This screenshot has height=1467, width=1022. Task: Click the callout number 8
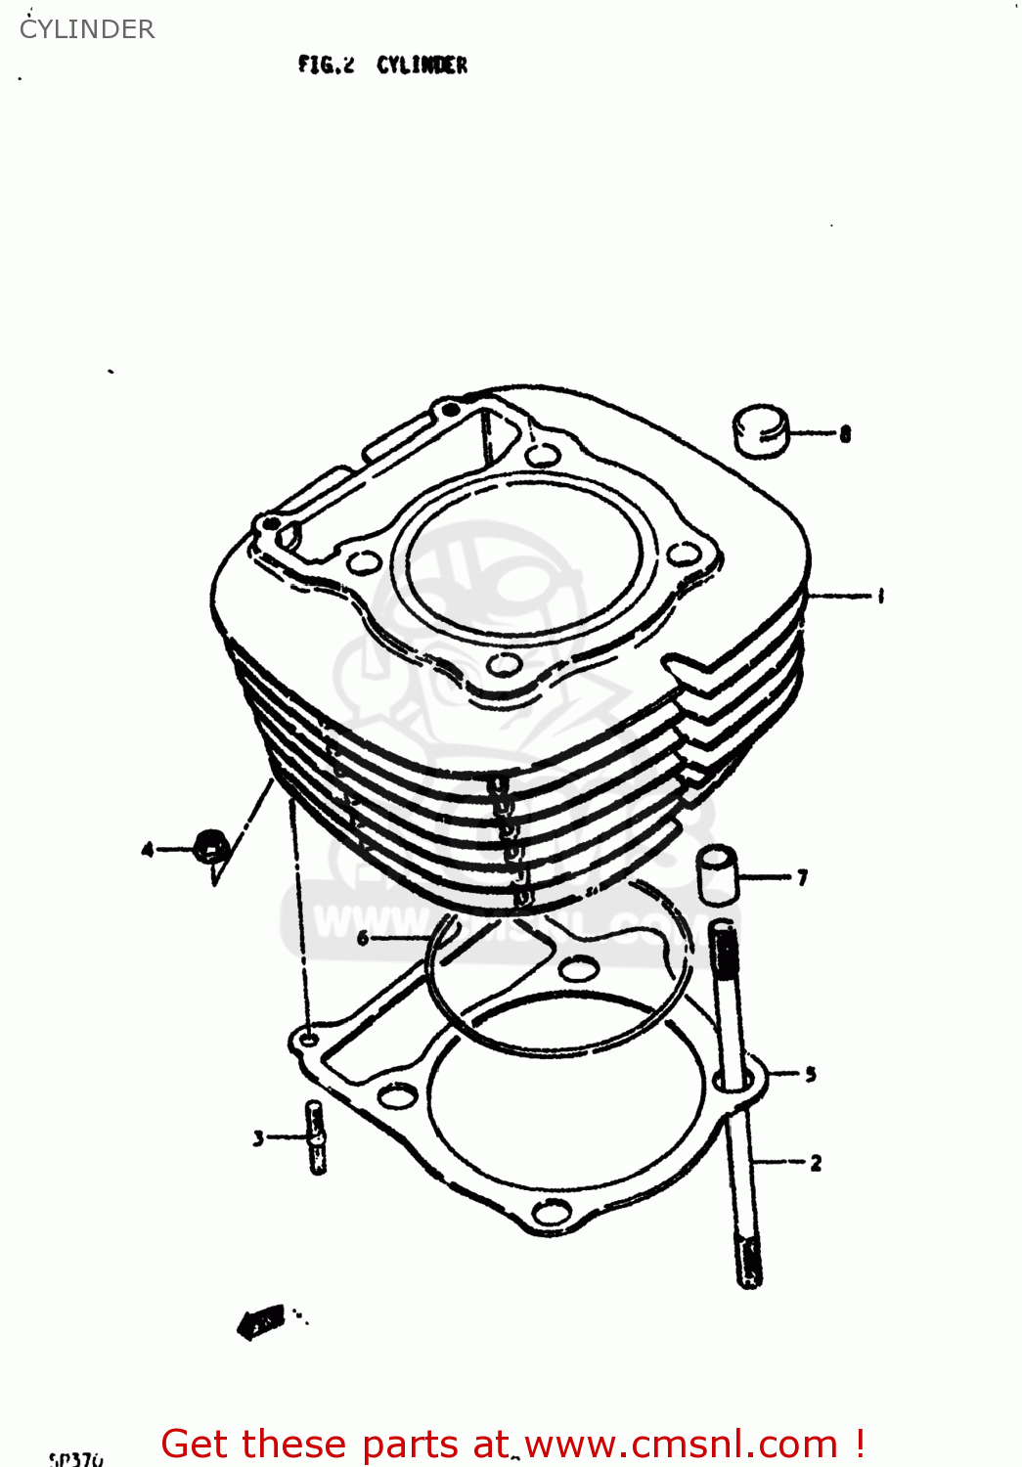(x=845, y=433)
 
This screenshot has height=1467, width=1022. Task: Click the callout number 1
(x=881, y=595)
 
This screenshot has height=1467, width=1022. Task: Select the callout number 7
(x=803, y=877)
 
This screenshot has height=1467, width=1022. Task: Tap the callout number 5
(x=810, y=1074)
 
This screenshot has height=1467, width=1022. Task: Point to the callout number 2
(x=816, y=1163)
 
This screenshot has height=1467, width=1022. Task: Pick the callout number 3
(x=258, y=1137)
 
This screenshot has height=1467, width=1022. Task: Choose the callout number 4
(x=148, y=849)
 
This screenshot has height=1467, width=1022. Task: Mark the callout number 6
(x=363, y=939)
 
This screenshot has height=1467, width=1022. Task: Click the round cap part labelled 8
(x=760, y=430)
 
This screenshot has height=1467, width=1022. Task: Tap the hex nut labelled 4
(x=211, y=846)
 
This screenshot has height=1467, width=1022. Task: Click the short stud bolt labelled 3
(x=316, y=1136)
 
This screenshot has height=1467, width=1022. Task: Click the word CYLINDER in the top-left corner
(x=87, y=29)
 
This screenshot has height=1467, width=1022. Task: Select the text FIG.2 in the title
(x=326, y=66)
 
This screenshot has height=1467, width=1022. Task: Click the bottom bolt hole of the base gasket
(x=554, y=1215)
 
